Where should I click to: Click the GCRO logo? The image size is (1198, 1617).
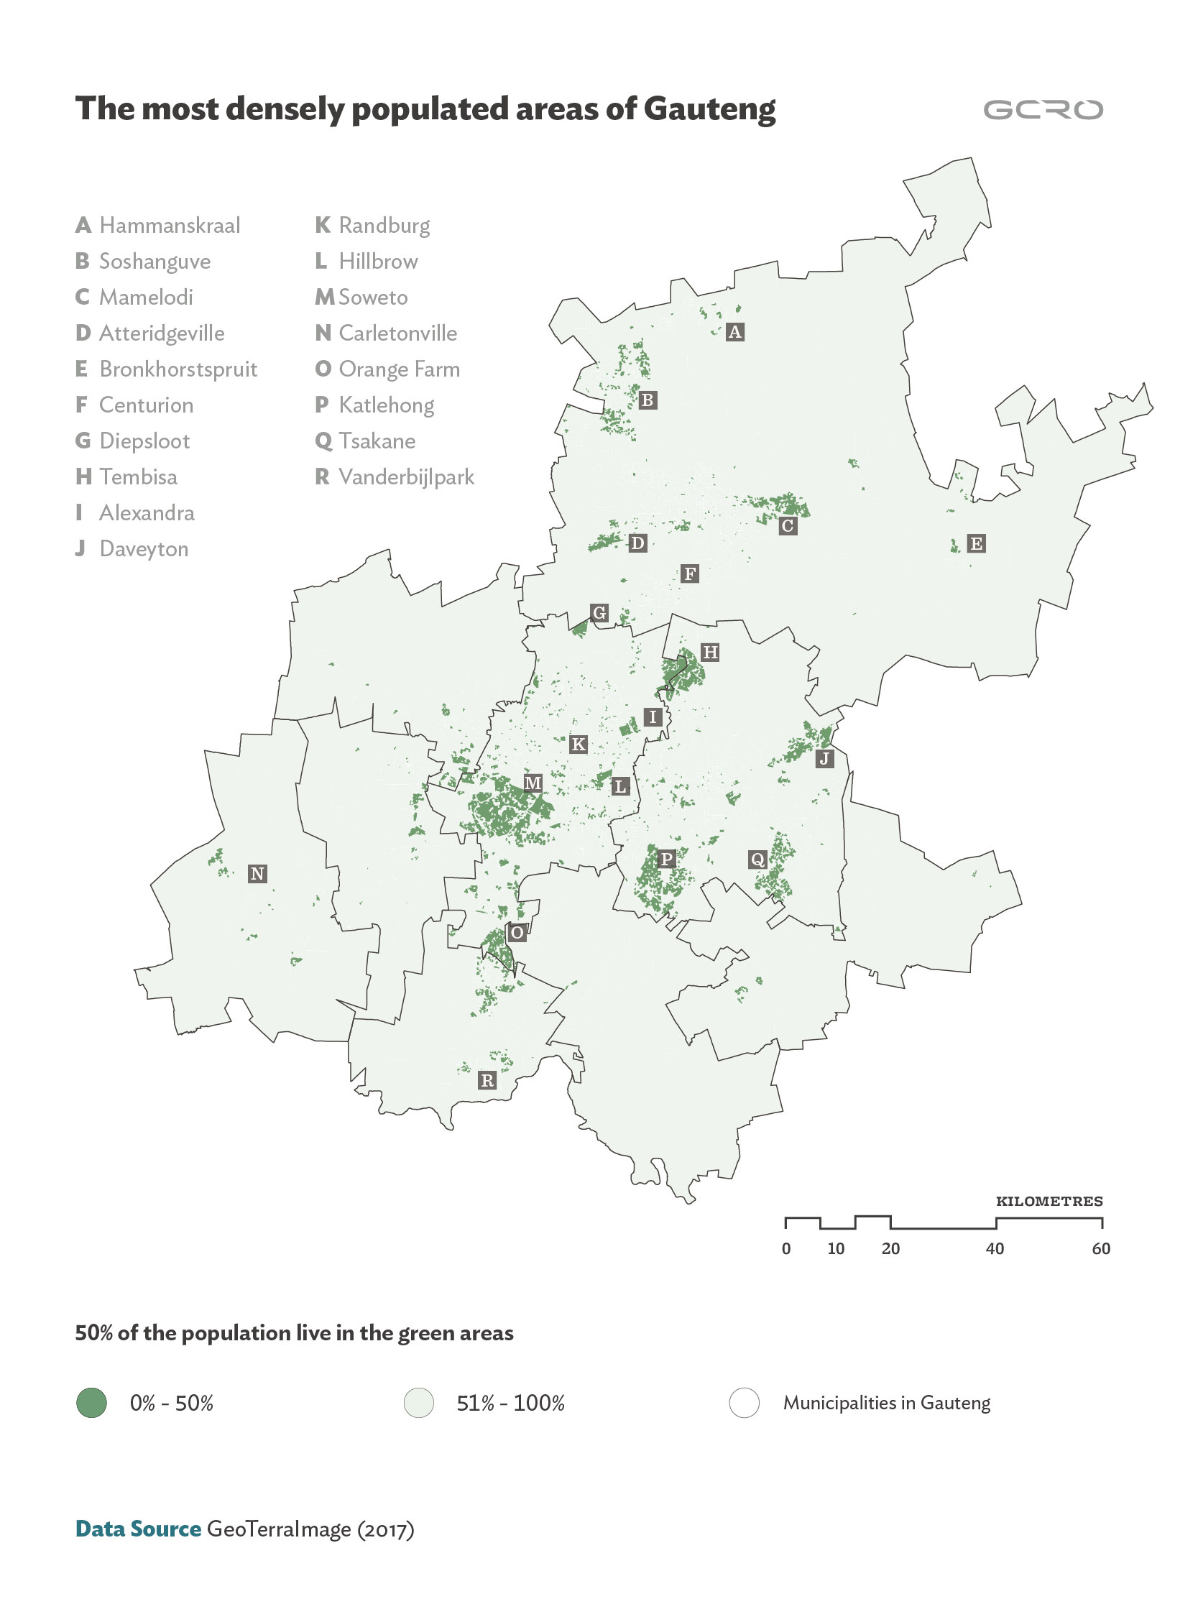pyautogui.click(x=1042, y=109)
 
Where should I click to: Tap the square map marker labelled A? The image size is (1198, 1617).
pyautogui.click(x=734, y=332)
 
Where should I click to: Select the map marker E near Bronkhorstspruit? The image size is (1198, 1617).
pyautogui.click(x=976, y=544)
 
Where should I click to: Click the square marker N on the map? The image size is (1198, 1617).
pyautogui.click(x=257, y=874)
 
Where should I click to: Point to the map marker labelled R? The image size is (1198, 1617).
pyautogui.click(x=487, y=1080)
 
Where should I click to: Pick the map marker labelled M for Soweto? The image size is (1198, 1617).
pyautogui.click(x=533, y=783)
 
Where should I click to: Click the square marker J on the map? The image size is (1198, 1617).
pyautogui.click(x=824, y=759)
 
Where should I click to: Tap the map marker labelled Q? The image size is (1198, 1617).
pyautogui.click(x=757, y=860)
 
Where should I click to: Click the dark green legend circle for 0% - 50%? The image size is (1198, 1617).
pyautogui.click(x=91, y=1402)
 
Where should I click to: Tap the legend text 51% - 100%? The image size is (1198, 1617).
pyautogui.click(x=510, y=1403)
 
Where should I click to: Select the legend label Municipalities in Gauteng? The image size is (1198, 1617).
pyautogui.click(x=886, y=1403)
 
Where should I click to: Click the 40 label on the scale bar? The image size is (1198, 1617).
pyautogui.click(x=995, y=1248)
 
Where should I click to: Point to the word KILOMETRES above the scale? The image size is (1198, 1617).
pyautogui.click(x=1049, y=1202)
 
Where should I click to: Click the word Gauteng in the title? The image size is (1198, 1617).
pyautogui.click(x=709, y=109)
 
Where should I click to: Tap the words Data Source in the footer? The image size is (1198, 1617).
pyautogui.click(x=138, y=1529)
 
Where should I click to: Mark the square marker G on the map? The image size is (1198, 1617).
pyautogui.click(x=599, y=613)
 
